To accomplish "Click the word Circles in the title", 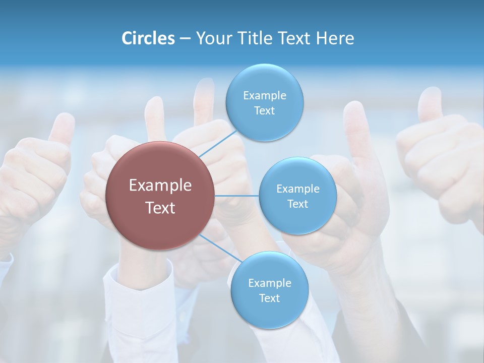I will (148, 38).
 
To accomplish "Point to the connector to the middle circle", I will (236, 196).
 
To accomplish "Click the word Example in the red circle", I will (160, 186).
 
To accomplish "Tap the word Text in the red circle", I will (160, 208).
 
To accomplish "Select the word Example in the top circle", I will (264, 96).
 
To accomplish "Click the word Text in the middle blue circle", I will (297, 204).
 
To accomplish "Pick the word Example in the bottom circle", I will (269, 283).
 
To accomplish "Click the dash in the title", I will (185, 39).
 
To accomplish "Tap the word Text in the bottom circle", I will (269, 298).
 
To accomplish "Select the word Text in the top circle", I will (264, 111).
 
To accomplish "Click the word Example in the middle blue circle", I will (297, 189).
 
